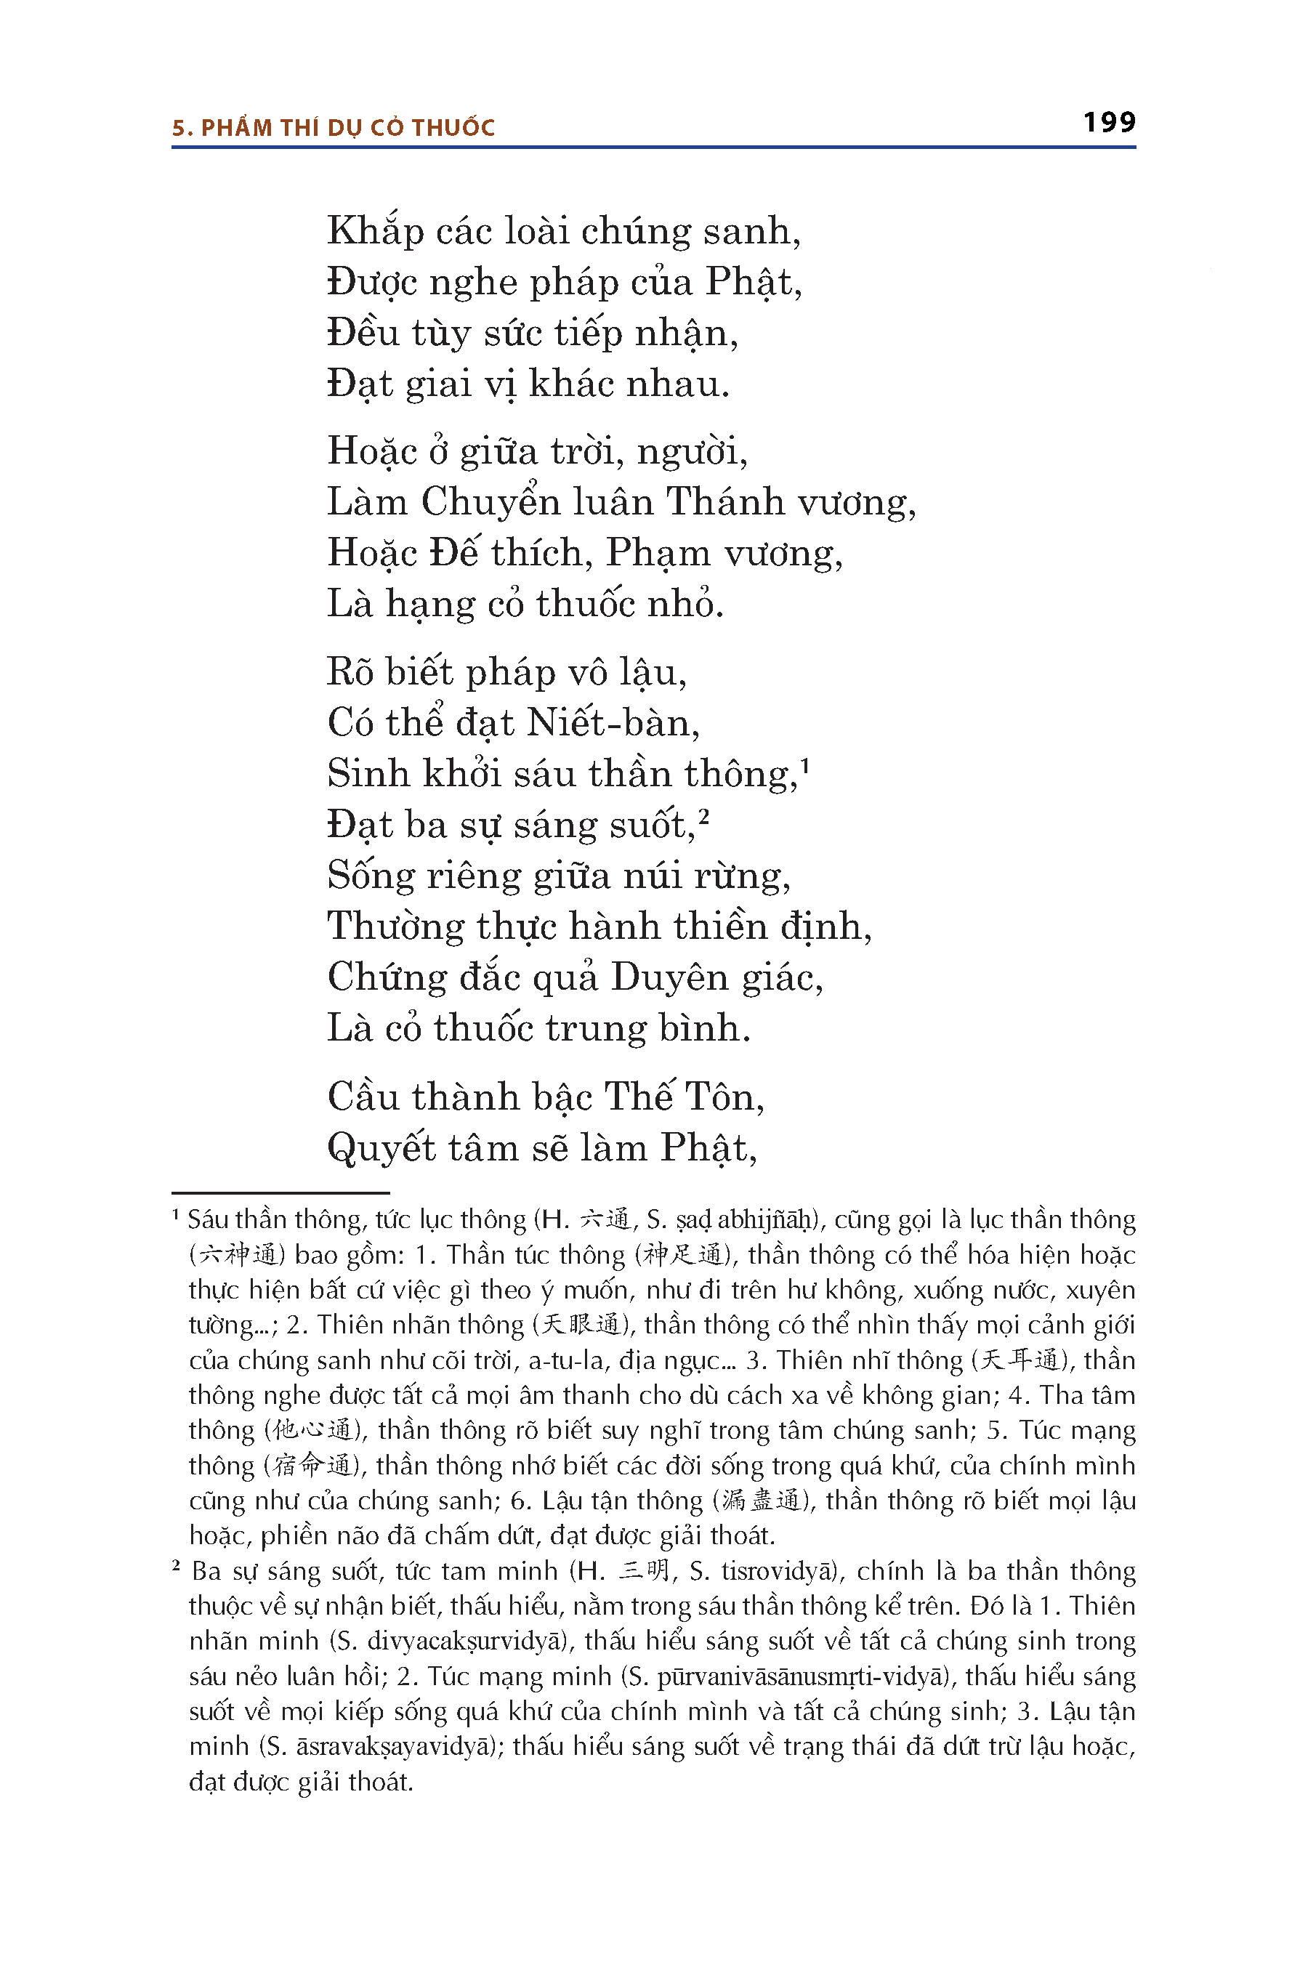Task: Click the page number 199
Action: click(1109, 123)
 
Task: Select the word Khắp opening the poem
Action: click(376, 231)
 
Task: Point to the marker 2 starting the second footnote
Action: click(177, 1565)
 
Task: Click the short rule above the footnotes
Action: click(280, 1193)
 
